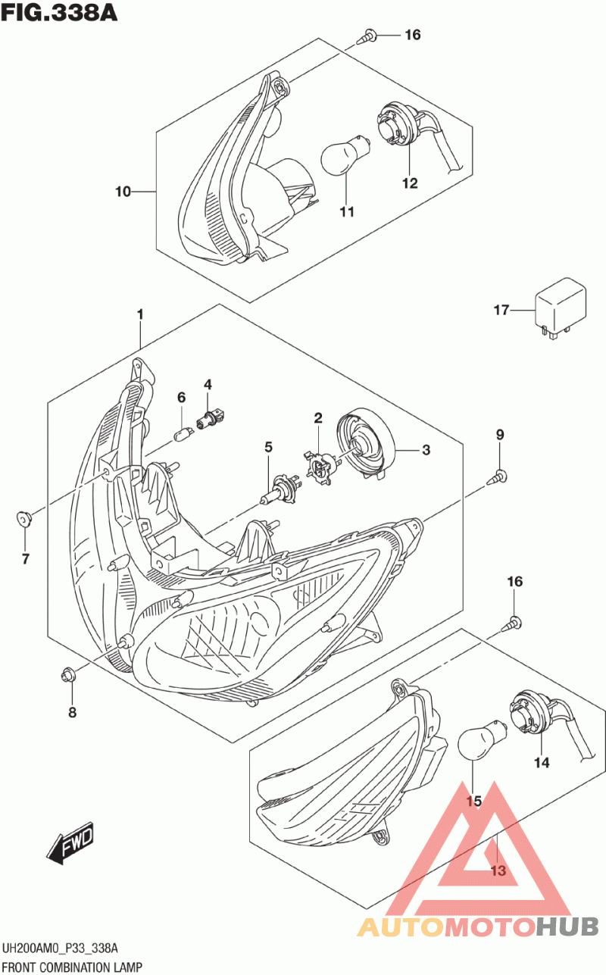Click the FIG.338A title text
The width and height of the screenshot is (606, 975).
tap(60, 13)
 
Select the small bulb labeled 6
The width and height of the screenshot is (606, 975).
tap(181, 434)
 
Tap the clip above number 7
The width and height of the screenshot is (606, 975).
tap(24, 520)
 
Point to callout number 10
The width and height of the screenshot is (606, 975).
tap(123, 192)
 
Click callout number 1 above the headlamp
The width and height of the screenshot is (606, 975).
tap(140, 314)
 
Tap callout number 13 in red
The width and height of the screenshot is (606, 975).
tap(497, 870)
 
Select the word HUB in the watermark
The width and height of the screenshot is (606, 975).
tap(568, 926)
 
